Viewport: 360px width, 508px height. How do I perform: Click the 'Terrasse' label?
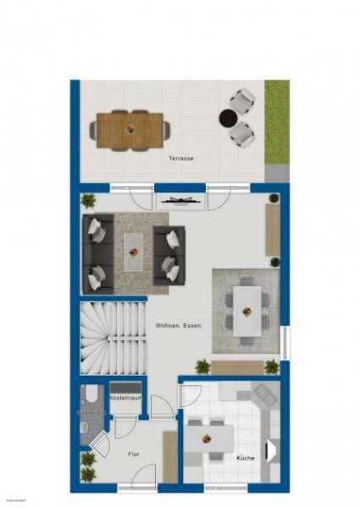click(180, 158)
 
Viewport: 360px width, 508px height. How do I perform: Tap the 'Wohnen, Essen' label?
click(178, 325)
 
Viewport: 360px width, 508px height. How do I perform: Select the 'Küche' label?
click(246, 458)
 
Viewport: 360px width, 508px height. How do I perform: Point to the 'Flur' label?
click(132, 454)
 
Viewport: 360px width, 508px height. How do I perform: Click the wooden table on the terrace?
click(130, 130)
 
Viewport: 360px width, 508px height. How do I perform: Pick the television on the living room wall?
click(181, 201)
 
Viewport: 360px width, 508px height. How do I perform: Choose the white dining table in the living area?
click(246, 310)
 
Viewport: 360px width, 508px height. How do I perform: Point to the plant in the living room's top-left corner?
click(88, 201)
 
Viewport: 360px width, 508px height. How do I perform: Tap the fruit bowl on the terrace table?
click(130, 129)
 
